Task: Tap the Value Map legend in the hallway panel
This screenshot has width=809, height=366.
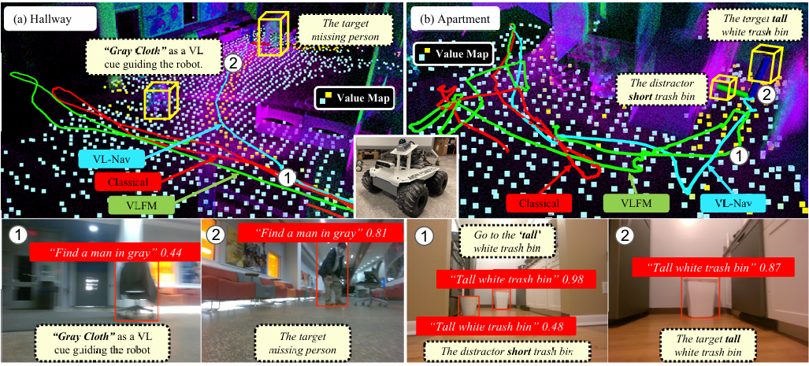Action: pos(354,98)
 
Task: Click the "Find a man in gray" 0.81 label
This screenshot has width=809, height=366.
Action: pos(320,232)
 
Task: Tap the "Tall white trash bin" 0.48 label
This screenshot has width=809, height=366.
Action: pos(495,327)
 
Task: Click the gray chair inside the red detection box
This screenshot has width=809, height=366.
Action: pos(136,289)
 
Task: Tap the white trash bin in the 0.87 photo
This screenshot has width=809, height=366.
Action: pos(700,298)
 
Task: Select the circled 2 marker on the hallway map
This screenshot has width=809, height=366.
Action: pos(232,64)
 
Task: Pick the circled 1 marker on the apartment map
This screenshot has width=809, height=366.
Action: pos(740,154)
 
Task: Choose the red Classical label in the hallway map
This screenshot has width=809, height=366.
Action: pos(128,182)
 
